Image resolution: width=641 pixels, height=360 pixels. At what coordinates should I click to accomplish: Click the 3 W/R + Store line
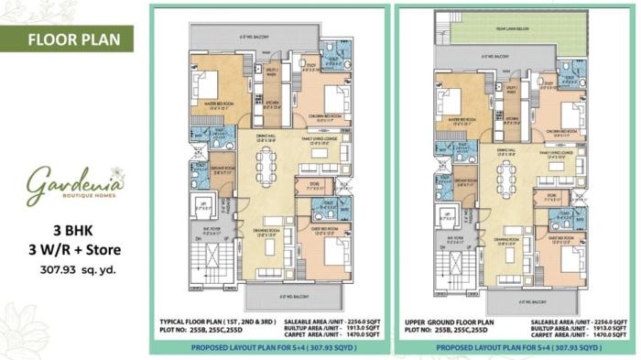point(79,250)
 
